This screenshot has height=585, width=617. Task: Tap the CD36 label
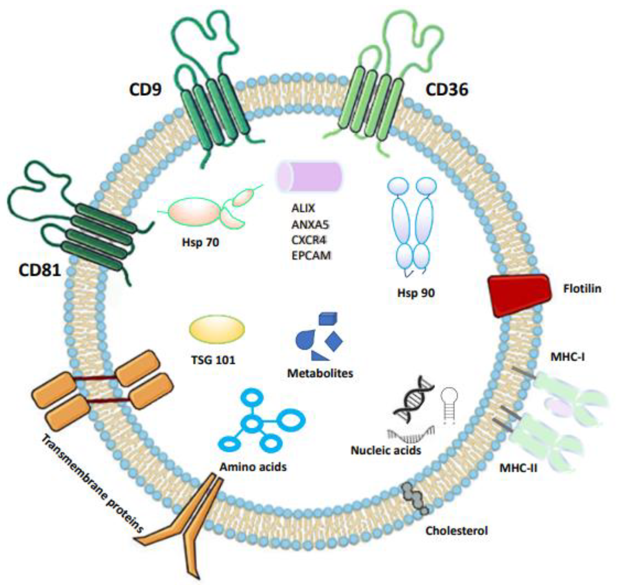(x=447, y=90)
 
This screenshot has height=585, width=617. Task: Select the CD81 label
(x=40, y=270)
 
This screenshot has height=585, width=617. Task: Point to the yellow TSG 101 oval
(x=217, y=329)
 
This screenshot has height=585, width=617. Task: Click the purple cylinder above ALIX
(x=309, y=177)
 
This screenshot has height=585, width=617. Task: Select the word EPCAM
(x=311, y=256)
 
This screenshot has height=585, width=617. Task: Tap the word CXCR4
(x=309, y=240)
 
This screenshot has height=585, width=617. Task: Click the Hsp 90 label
(x=416, y=293)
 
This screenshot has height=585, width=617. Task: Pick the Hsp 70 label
(x=200, y=242)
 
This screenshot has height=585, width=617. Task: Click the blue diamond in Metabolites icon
(x=334, y=341)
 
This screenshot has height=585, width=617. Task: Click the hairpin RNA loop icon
(x=449, y=405)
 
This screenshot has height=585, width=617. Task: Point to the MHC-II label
(x=518, y=468)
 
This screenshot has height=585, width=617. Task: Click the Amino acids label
(x=253, y=467)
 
